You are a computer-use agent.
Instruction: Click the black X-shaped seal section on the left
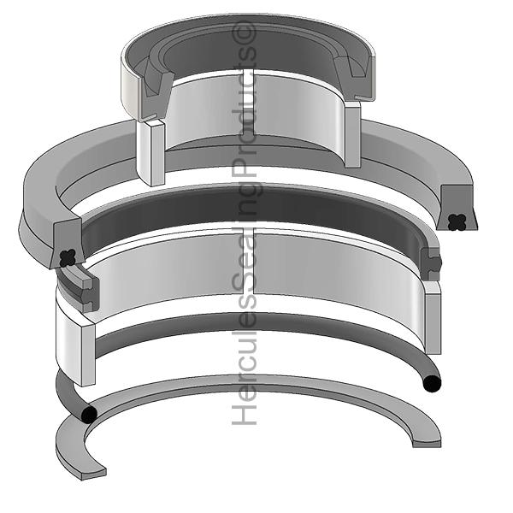click(68, 255)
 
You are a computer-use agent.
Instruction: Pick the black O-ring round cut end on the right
click(432, 381)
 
